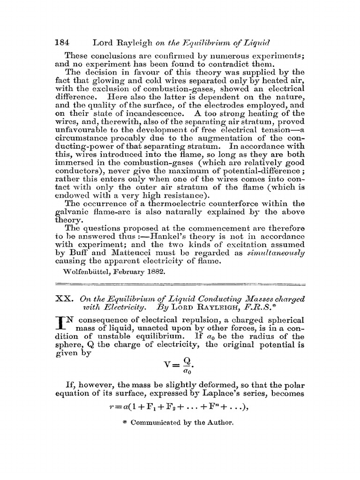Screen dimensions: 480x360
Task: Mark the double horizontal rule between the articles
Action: pyautogui.click(x=180, y=284)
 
